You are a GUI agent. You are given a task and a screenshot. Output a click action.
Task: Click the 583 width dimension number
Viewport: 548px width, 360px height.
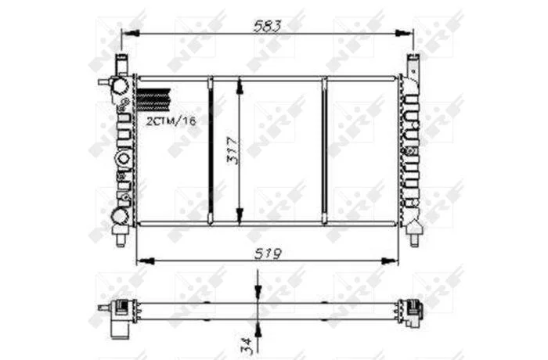pos(268,26)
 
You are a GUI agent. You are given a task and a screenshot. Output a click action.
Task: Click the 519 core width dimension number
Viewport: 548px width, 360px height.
pos(268,254)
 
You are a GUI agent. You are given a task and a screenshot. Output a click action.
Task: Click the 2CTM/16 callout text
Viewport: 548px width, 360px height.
pos(171,121)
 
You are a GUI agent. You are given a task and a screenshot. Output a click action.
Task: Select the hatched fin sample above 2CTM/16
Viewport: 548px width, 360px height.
pos(153,99)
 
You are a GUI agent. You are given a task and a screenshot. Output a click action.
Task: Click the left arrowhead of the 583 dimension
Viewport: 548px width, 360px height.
pos(131,34)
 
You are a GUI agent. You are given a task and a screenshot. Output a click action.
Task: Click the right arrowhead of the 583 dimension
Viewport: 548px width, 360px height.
pos(404,34)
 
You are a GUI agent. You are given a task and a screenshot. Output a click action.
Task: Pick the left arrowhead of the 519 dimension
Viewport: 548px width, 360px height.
pos(146,261)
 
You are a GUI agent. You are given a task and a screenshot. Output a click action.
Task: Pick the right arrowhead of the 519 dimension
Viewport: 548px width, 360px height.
pos(389,261)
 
